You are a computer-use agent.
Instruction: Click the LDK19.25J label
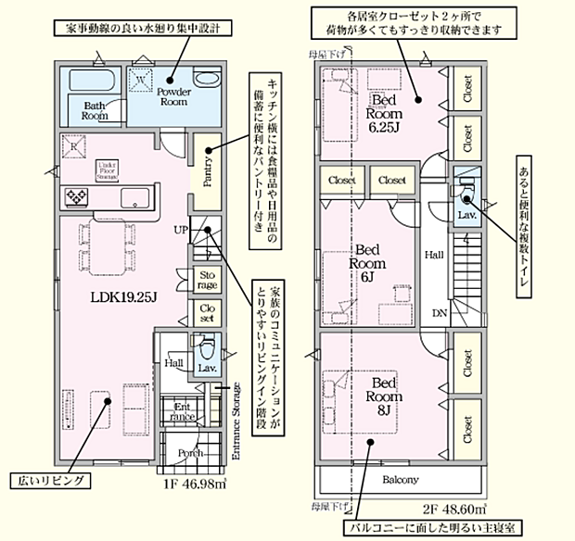pos(121,298)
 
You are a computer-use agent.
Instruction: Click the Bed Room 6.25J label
pos(383,110)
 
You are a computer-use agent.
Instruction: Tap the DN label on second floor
pos(438,314)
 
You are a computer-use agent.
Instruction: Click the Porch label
pos(191,453)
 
